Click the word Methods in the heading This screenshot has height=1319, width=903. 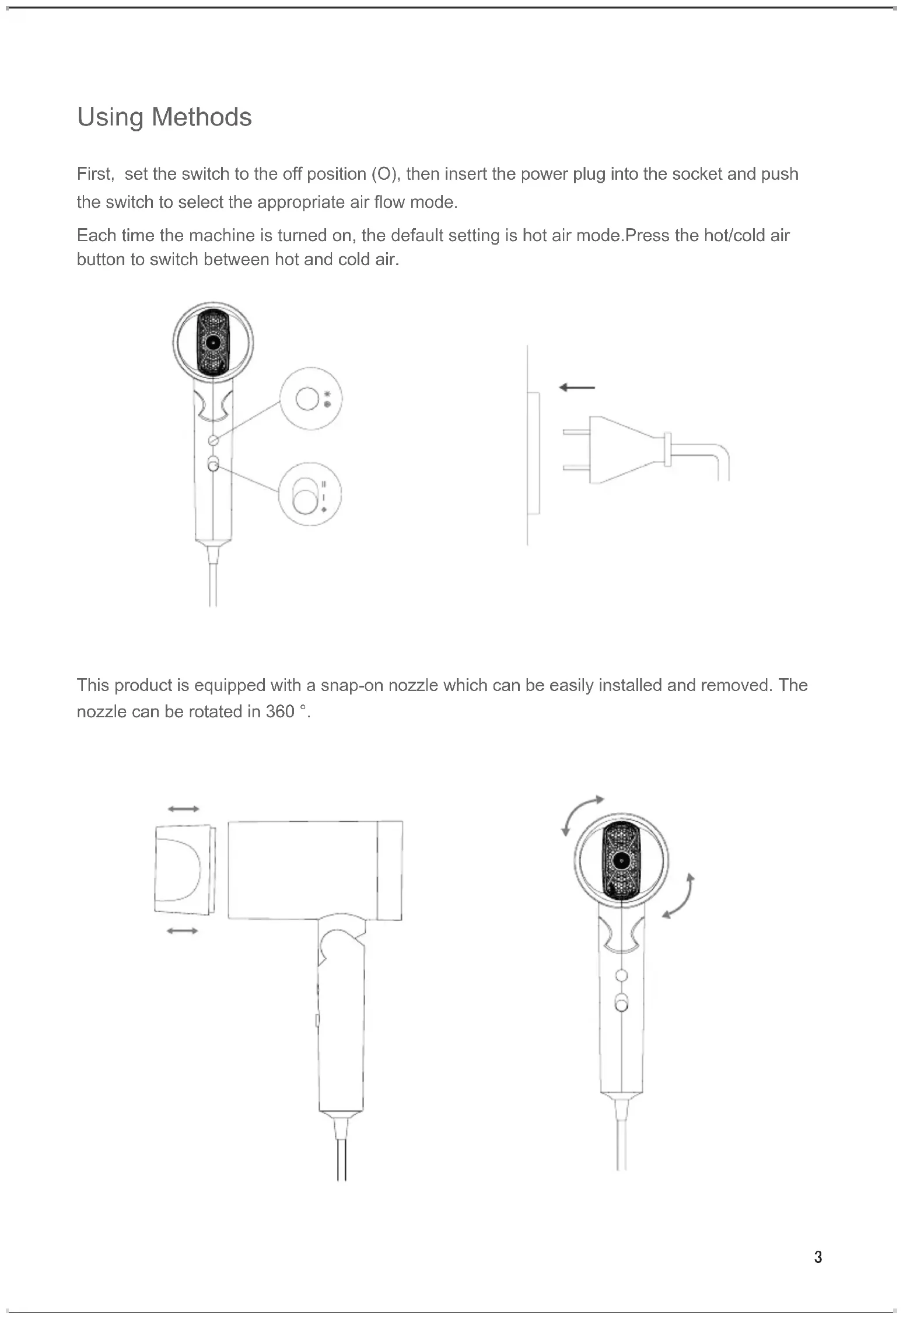[201, 117]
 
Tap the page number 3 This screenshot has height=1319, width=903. [818, 1257]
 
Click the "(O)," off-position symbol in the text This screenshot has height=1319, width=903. [386, 174]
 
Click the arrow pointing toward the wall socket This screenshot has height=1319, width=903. [576, 388]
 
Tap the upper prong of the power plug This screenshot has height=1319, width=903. [576, 432]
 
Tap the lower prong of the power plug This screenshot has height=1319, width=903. [576, 467]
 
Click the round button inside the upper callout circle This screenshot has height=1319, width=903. [306, 399]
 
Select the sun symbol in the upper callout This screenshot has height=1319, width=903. [327, 394]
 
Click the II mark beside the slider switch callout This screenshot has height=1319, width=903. [324, 484]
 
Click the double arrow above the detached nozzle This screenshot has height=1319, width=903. [183, 809]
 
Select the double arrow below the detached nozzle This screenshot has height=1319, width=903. [182, 931]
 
